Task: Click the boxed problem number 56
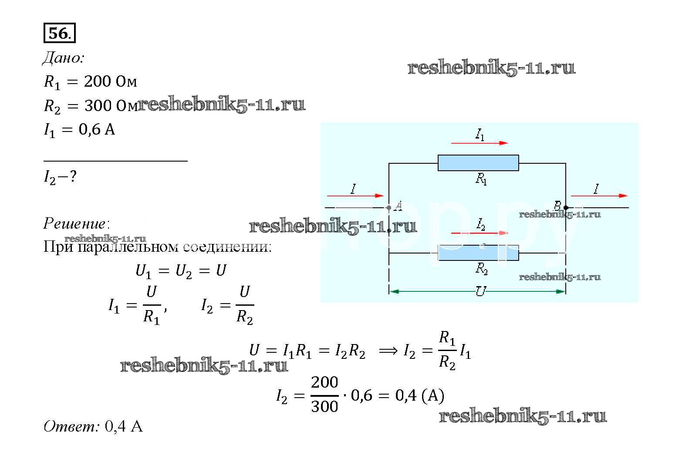(59, 34)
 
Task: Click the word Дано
(63, 58)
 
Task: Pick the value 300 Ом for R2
(111, 105)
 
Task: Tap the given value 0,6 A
(97, 129)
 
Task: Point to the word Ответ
(71, 426)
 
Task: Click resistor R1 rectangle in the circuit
(478, 162)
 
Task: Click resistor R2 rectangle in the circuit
(478, 253)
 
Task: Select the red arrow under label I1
(479, 143)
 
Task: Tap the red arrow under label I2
(479, 233)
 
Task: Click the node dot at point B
(565, 208)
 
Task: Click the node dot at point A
(389, 208)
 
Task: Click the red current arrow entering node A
(355, 196)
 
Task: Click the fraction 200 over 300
(324, 395)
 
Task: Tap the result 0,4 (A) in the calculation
(419, 395)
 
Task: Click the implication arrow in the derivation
(388, 351)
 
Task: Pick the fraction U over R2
(244, 305)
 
